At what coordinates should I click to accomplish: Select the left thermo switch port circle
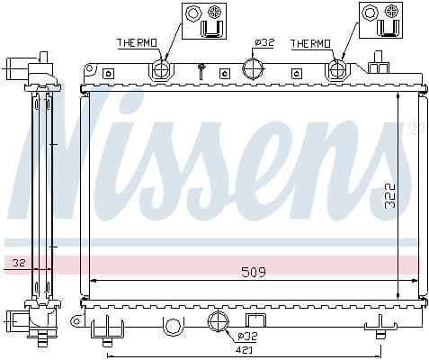coord(161,70)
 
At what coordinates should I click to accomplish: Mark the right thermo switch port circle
coord(337,70)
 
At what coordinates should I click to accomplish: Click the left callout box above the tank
coord(201,21)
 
